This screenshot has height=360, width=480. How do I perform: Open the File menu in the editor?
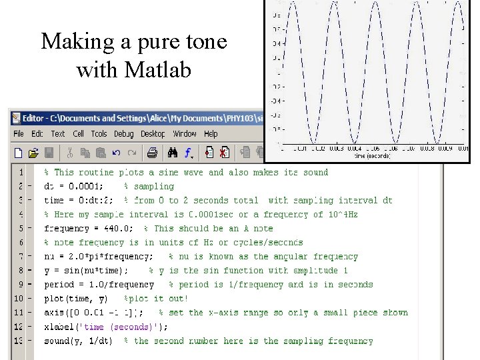click(x=19, y=133)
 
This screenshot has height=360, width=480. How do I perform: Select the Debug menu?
click(x=123, y=133)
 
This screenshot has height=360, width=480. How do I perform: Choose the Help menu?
click(x=211, y=133)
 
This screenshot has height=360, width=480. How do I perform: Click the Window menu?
click(x=185, y=133)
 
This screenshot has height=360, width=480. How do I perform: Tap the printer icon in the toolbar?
click(x=152, y=153)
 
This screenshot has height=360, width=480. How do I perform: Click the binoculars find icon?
click(x=172, y=153)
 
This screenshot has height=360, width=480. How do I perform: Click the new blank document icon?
click(x=18, y=153)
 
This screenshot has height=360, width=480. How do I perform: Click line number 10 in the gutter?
click(x=18, y=299)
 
